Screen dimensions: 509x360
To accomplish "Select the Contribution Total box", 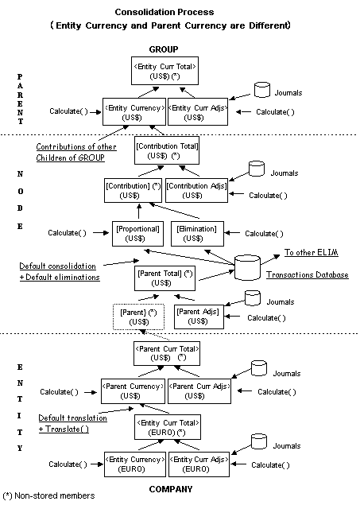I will click(x=166, y=151).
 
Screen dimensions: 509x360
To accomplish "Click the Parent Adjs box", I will click(x=198, y=317).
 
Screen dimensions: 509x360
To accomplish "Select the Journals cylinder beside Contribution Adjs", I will click(x=254, y=170).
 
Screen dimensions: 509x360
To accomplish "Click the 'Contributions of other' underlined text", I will click(x=76, y=146).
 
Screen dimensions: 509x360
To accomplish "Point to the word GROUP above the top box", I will click(x=165, y=49).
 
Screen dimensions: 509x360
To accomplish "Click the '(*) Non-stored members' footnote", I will click(x=49, y=495).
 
